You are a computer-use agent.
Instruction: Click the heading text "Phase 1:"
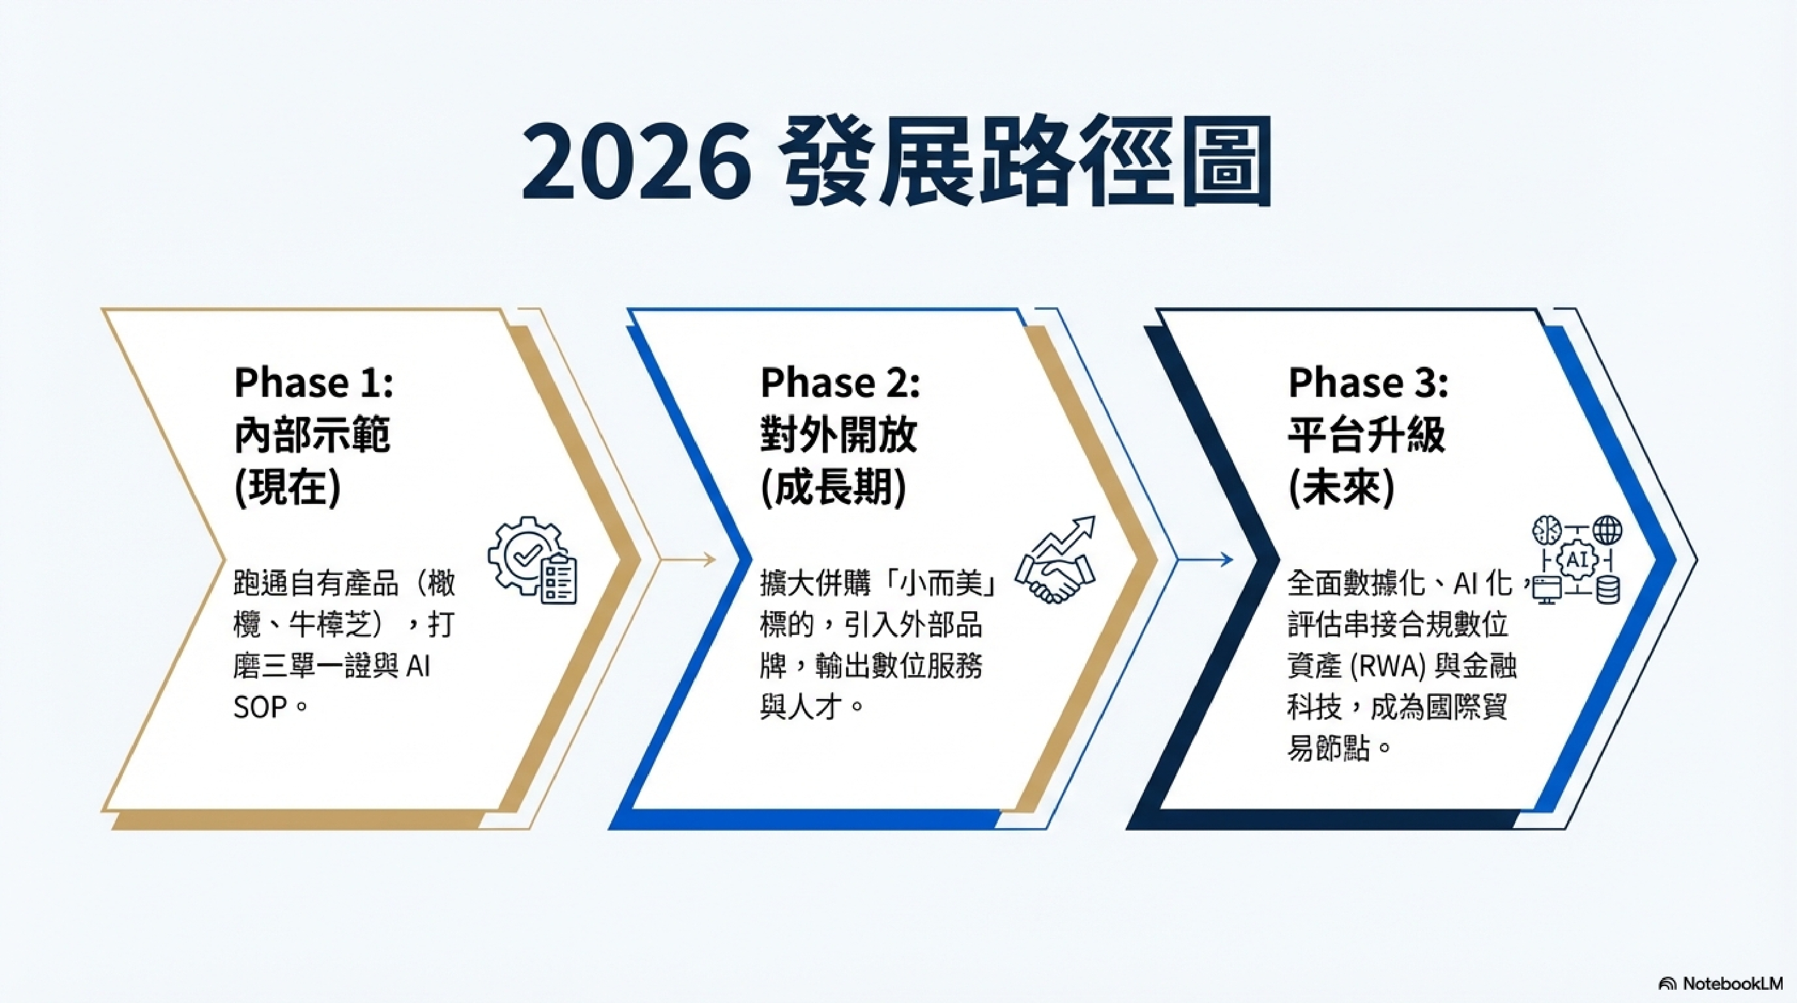tap(314, 383)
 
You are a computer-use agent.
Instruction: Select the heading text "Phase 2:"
tap(840, 383)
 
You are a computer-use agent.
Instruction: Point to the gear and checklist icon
tap(533, 560)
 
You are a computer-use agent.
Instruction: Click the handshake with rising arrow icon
tap(1056, 559)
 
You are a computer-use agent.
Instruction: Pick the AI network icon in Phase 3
tap(1576, 560)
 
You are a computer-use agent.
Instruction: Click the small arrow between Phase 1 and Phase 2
tap(687, 559)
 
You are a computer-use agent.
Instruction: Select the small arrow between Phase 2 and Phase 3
tap(1205, 559)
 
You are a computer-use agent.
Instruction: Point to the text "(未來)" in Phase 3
tap(1341, 488)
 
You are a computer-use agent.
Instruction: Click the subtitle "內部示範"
tap(311, 435)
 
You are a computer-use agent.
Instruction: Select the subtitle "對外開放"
tap(838, 435)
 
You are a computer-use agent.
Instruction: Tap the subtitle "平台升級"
tap(1366, 435)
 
